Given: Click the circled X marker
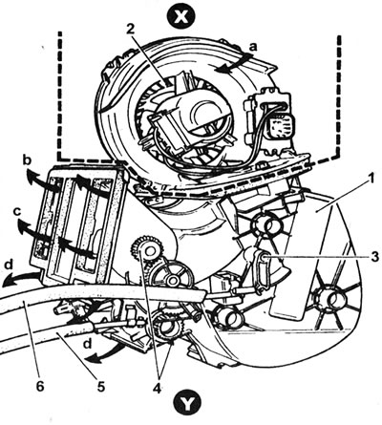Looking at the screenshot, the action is [x=181, y=16].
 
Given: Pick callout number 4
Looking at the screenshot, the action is [x=158, y=388].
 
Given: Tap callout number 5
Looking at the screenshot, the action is [x=100, y=386].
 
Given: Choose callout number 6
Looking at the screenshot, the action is [x=39, y=386].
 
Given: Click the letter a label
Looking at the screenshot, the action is [x=252, y=48].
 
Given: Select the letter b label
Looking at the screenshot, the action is [x=28, y=160].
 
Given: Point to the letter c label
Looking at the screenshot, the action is [x=18, y=211].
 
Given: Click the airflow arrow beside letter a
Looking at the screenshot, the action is [x=233, y=63].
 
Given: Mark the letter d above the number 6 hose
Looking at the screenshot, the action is [x=11, y=266].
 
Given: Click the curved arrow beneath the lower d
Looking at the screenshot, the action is [x=105, y=354].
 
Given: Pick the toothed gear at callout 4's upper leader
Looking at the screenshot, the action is [x=148, y=249].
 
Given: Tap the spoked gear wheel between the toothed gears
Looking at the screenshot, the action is [x=173, y=280].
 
